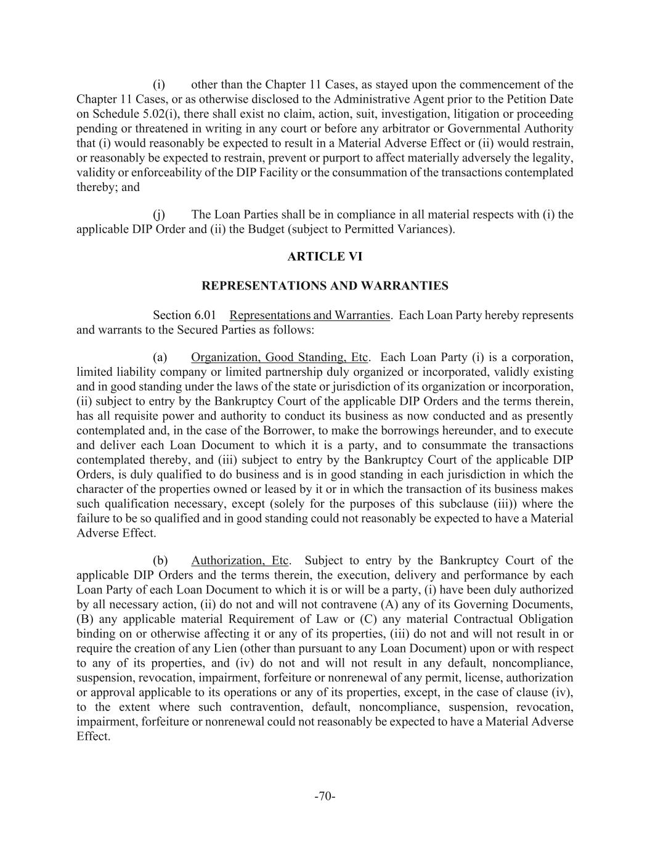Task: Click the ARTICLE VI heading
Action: click(x=325, y=256)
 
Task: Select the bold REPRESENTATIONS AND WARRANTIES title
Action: click(x=325, y=286)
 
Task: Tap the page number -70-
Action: click(x=325, y=797)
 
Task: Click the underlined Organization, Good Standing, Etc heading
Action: click(x=279, y=357)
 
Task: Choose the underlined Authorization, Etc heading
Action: click(x=240, y=561)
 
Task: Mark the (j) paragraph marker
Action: click(x=159, y=215)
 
